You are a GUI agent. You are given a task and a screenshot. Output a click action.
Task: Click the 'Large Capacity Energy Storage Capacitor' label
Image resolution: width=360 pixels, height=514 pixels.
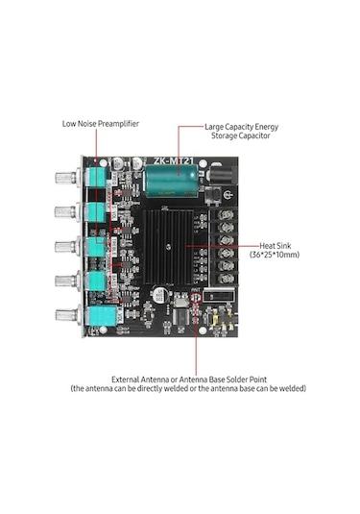coord(241,131)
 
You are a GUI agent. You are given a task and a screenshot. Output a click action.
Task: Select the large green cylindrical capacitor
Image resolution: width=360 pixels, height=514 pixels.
coord(174,181)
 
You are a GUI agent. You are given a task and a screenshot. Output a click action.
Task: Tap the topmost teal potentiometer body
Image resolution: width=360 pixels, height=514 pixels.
coord(98,180)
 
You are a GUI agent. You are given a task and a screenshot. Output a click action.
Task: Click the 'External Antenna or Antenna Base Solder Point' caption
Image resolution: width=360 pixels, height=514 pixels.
coord(188,378)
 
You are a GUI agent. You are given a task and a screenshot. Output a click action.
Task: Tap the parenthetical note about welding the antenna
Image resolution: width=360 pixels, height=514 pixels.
coord(188,388)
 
